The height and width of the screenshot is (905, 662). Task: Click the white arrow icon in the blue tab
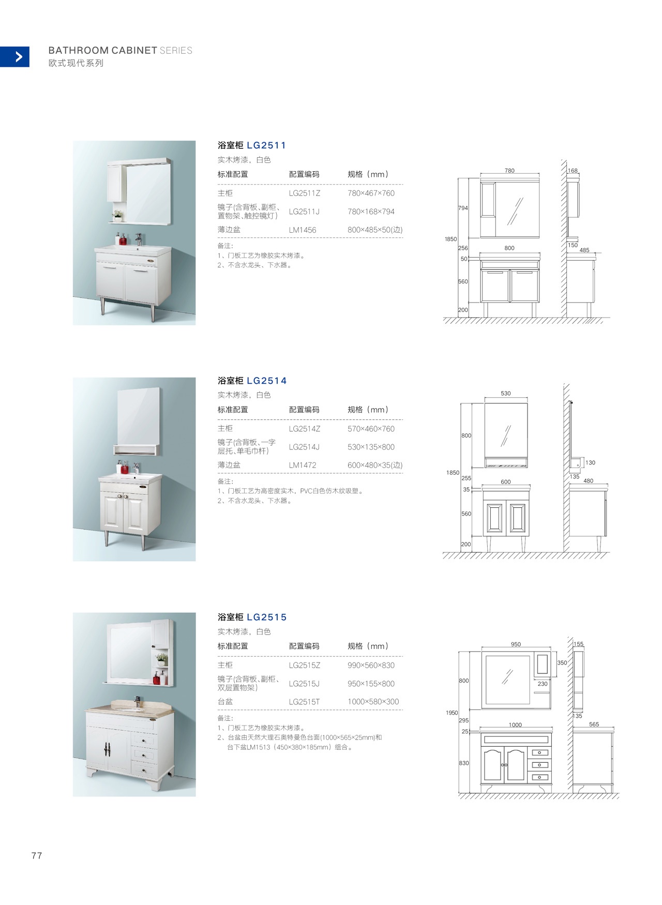[x=19, y=56]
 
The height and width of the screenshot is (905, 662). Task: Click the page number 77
[x=37, y=856]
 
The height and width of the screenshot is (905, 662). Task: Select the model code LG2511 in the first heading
[x=266, y=145]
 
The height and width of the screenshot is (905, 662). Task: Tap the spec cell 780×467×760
[x=371, y=193]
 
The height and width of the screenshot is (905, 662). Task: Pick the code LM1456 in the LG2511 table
[x=303, y=230]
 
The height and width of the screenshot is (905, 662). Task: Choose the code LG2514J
[x=304, y=447]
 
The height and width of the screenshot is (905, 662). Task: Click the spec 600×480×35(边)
[x=375, y=465]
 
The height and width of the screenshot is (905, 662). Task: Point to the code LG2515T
[x=304, y=702]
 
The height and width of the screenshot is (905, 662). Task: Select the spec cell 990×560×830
[x=371, y=666]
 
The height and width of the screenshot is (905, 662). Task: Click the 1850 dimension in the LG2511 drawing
[x=450, y=239]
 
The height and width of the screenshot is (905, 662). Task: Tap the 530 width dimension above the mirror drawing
[x=506, y=394]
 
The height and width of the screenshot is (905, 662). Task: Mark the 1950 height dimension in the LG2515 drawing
[x=452, y=713]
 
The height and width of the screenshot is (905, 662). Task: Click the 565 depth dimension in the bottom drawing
[x=594, y=725]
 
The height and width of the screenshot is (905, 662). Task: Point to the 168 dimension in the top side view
[x=573, y=171]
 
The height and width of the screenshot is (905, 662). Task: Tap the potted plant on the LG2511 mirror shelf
[x=118, y=215]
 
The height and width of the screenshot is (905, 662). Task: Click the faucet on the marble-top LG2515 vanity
[x=138, y=702]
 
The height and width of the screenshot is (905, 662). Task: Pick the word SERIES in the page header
[x=176, y=51]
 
